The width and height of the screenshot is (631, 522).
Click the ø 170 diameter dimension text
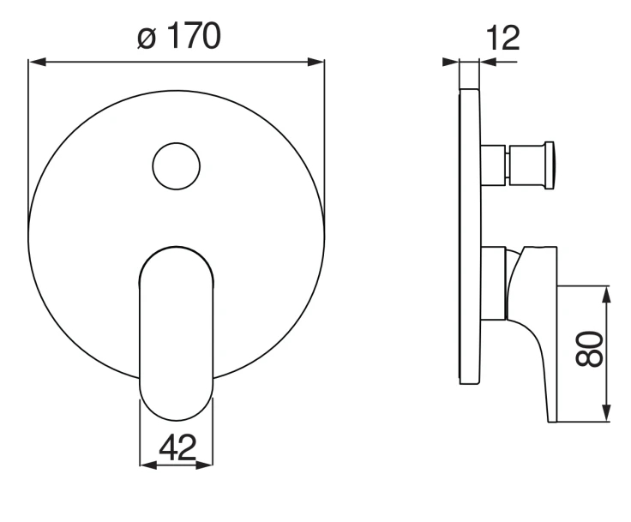[178, 36]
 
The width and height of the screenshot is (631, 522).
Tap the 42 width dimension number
[177, 447]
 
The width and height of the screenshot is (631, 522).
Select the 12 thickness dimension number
[503, 39]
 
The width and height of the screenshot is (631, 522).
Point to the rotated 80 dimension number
[590, 349]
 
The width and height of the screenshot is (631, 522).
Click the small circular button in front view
[177, 166]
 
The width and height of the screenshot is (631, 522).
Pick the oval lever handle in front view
[177, 333]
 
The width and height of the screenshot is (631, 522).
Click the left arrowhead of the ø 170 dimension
[37, 62]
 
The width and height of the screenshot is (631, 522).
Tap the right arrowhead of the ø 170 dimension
[315, 62]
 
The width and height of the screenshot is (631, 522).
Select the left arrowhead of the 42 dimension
[148, 465]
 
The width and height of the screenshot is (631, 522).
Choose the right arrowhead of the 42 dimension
[204, 465]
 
